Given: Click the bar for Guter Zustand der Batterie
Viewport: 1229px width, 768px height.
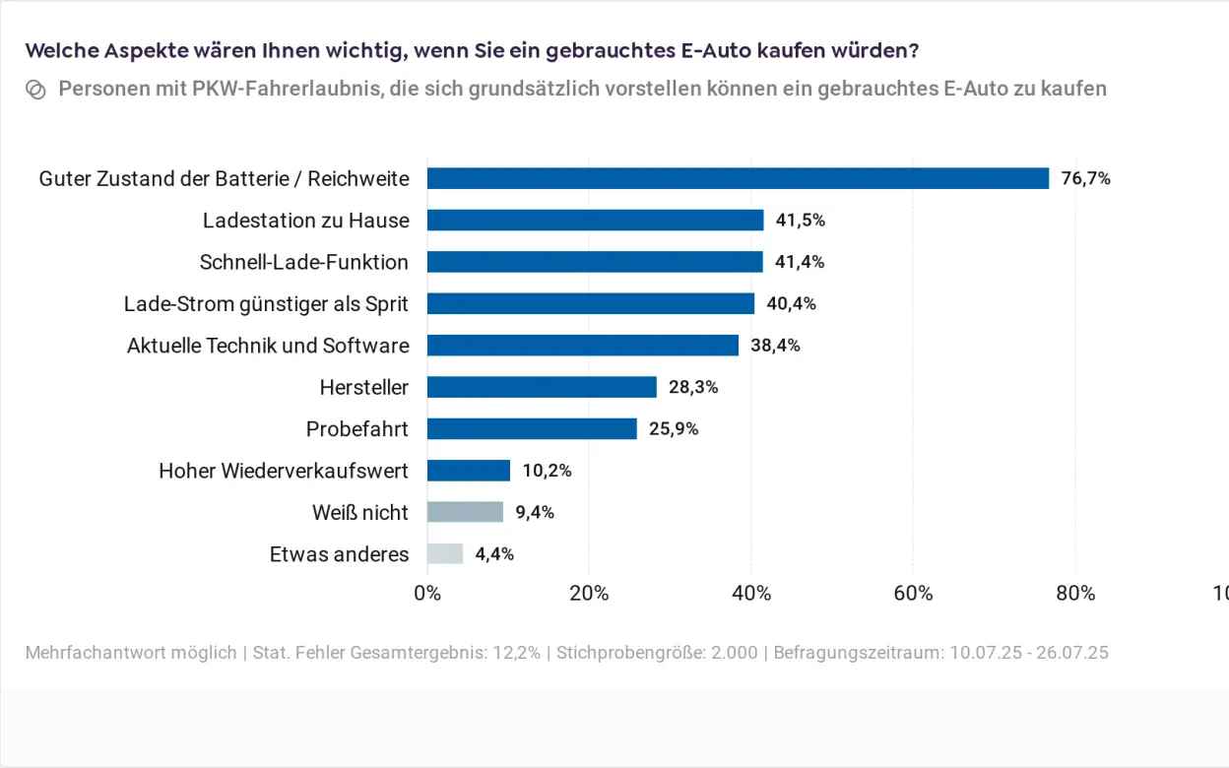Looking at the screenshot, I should click(x=738, y=178).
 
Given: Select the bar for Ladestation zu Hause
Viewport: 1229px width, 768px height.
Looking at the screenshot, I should click(x=595, y=220).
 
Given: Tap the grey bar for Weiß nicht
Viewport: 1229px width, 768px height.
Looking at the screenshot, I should click(x=465, y=512).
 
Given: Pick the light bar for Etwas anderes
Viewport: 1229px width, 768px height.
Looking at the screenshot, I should click(x=445, y=553).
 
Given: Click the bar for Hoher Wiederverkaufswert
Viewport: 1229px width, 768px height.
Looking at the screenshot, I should click(x=469, y=471).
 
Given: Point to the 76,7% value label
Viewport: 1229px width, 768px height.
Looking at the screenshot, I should click(x=1085, y=178).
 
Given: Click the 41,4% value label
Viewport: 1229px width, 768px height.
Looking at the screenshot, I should click(x=800, y=262).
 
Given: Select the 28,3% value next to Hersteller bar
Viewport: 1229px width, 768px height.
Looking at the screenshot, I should click(x=693, y=387).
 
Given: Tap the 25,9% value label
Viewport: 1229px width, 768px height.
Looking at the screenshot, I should click(x=674, y=429).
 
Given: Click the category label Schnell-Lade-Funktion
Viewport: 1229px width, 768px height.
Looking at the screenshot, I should click(x=303, y=262).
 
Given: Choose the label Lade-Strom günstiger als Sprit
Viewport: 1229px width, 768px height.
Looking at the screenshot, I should click(x=266, y=303).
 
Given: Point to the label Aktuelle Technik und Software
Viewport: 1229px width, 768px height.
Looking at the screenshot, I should click(x=268, y=346).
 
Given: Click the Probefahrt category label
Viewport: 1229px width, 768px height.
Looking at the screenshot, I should click(x=356, y=429).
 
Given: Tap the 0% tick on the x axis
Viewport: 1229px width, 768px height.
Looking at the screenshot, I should click(x=427, y=593).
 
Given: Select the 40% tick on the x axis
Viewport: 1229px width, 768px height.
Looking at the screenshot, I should click(x=751, y=593).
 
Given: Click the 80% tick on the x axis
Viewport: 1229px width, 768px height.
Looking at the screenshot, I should click(x=1075, y=593).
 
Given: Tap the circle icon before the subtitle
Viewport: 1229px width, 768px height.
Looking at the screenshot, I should click(x=35, y=90).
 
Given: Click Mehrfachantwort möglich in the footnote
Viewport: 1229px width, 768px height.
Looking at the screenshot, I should click(x=131, y=653).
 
